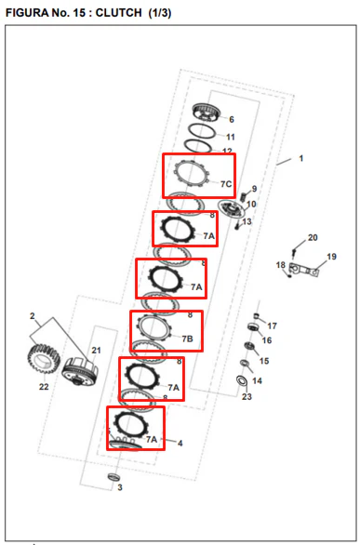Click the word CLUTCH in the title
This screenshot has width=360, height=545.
pos(118,12)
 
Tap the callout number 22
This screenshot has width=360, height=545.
pos(44,387)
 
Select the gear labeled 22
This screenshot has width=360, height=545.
pos(44,358)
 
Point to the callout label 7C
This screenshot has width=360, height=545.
pos(226,184)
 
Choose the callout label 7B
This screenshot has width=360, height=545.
pos(187,339)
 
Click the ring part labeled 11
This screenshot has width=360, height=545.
pos(202,132)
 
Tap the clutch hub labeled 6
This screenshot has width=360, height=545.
pos(207,113)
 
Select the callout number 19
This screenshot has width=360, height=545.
pos(331,257)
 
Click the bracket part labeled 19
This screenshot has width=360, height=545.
pos(303,270)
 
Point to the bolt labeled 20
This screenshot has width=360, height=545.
pos(294,253)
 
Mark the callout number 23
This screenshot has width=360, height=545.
pos(247,396)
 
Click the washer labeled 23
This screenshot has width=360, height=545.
pos(242,380)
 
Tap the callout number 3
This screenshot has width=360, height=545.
pos(120,487)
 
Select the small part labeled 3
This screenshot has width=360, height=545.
pos(113,476)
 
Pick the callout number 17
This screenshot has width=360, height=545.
pos(272,326)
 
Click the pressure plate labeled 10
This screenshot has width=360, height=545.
pos(232,208)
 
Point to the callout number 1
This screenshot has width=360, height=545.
pos(301,158)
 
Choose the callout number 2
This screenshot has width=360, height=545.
pos(33,316)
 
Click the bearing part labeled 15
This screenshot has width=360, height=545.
pos(248,346)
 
